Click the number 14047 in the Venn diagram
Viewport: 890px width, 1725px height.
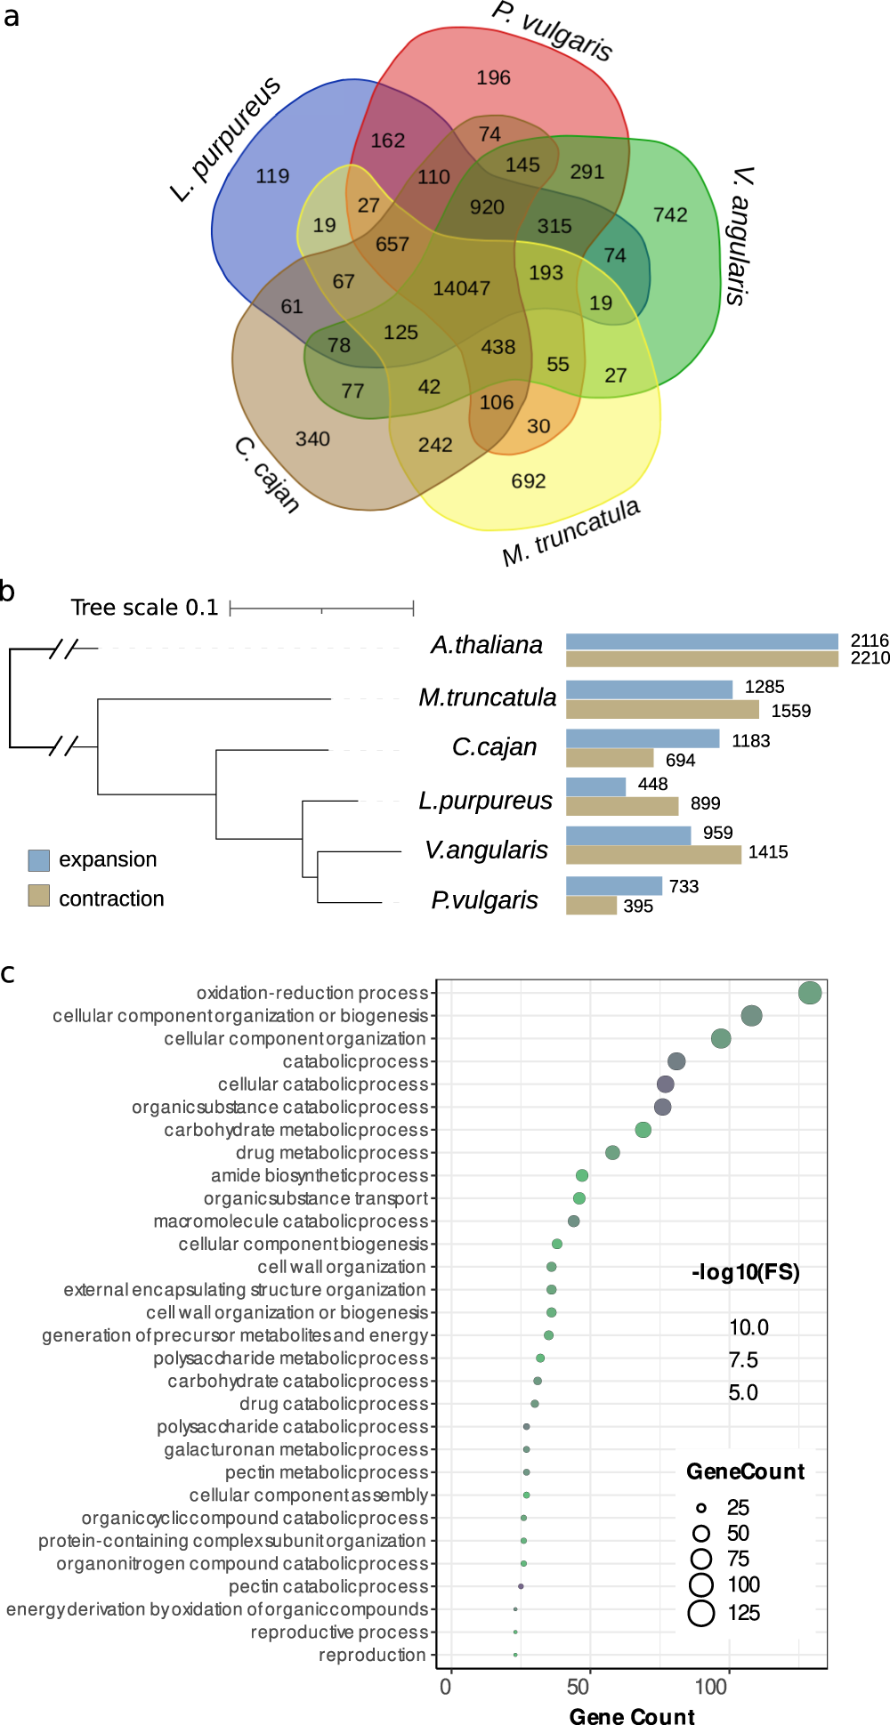(461, 288)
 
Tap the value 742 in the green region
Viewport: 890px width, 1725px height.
(670, 215)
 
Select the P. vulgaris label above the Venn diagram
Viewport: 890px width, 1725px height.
(553, 31)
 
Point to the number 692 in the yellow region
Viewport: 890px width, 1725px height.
(528, 481)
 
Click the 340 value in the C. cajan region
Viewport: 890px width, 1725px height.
(312, 439)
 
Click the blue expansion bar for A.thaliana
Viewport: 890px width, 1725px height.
(701, 641)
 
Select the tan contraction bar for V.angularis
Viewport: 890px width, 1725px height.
(653, 854)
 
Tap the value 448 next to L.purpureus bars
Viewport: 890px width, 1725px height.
(652, 784)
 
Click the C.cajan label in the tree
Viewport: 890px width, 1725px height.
(494, 747)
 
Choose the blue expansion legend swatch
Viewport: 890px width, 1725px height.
(38, 859)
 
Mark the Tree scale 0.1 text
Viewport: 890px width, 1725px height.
(144, 608)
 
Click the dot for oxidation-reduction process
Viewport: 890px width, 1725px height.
(809, 993)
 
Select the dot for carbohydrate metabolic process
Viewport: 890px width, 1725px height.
(643, 1130)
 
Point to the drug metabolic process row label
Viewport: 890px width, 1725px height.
(332, 1153)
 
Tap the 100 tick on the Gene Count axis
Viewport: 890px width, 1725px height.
(711, 1687)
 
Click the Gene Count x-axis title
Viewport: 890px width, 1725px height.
(632, 1716)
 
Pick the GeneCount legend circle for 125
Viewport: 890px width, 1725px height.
(701, 1613)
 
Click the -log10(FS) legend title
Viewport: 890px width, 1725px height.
(745, 1272)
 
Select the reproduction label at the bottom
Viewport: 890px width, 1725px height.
(372, 1655)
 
